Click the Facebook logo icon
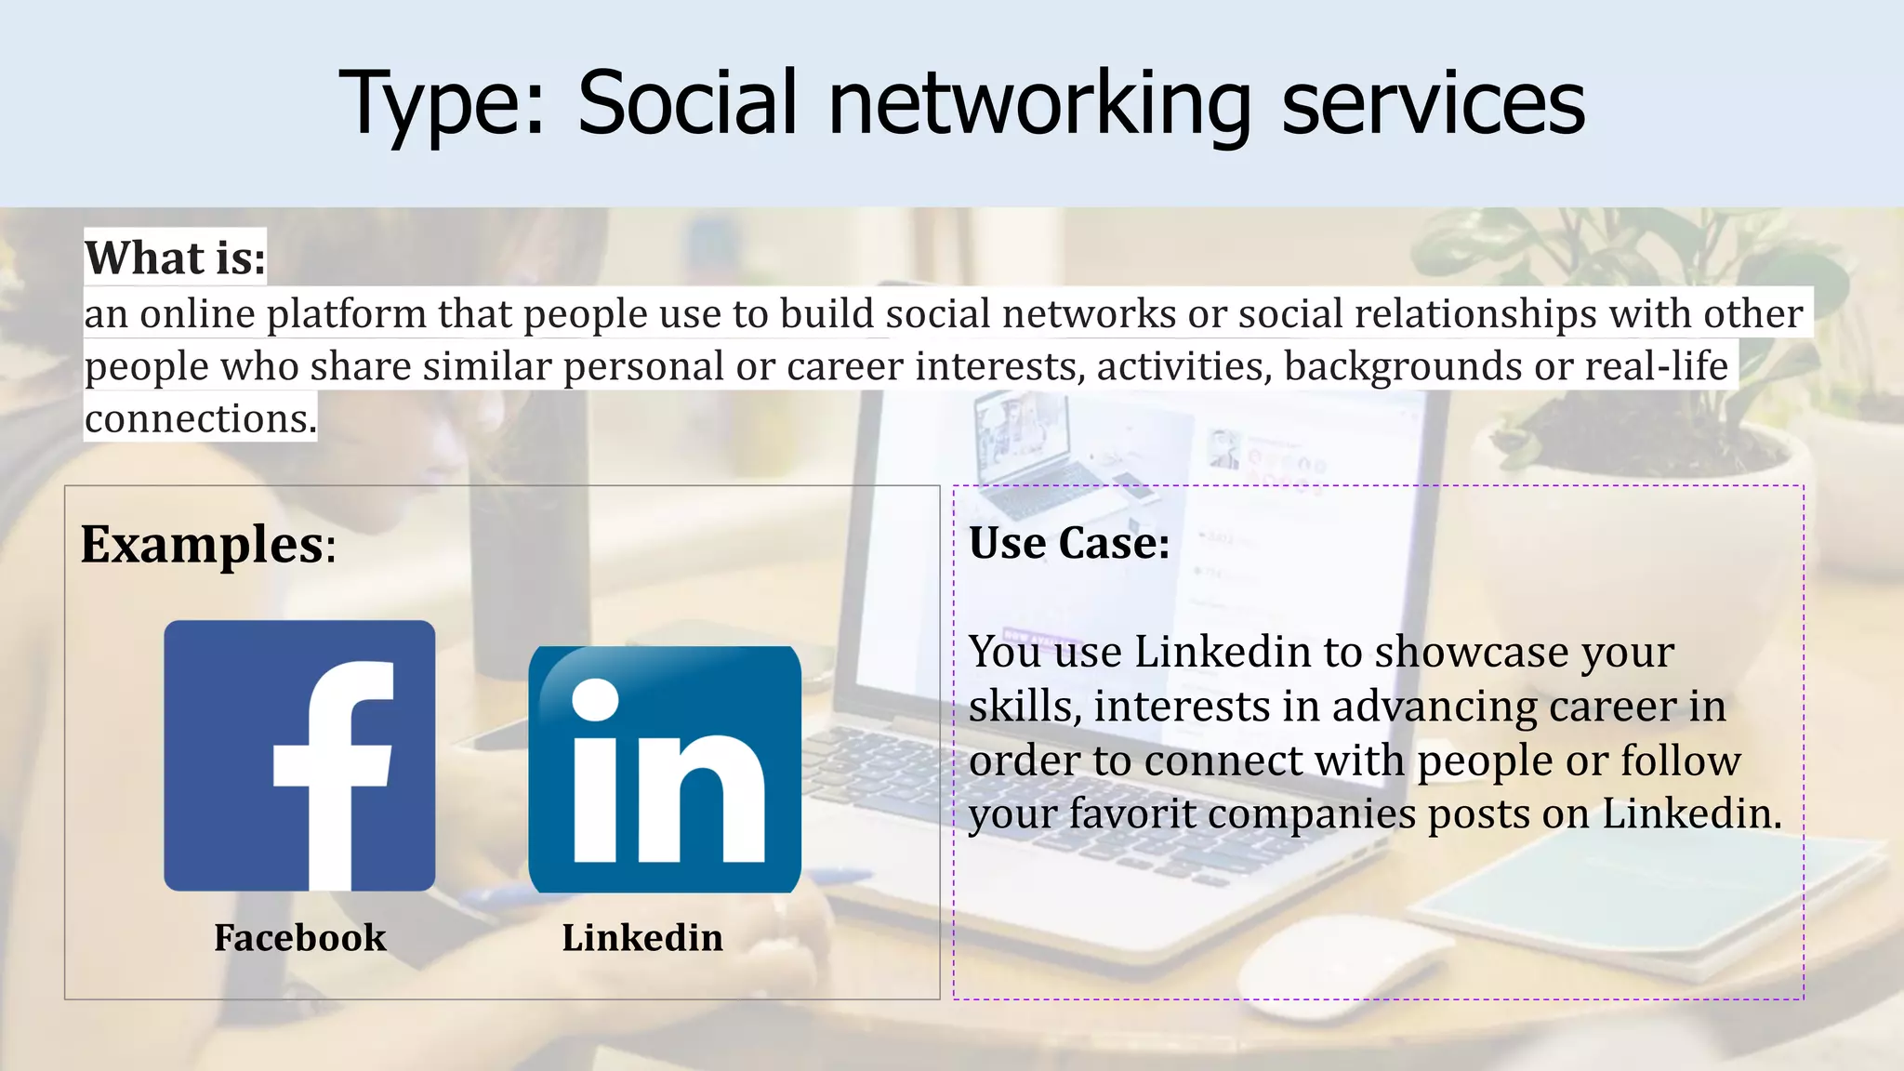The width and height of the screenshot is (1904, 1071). click(299, 755)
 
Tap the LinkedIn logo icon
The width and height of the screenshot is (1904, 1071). click(665, 769)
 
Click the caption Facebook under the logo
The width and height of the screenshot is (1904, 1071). click(299, 937)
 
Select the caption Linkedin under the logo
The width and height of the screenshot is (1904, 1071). click(642, 937)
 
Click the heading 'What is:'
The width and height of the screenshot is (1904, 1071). click(176, 258)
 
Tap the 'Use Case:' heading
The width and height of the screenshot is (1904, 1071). click(1069, 543)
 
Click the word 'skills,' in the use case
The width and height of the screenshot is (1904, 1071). click(1025, 707)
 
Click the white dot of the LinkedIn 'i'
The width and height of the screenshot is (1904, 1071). click(595, 698)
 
